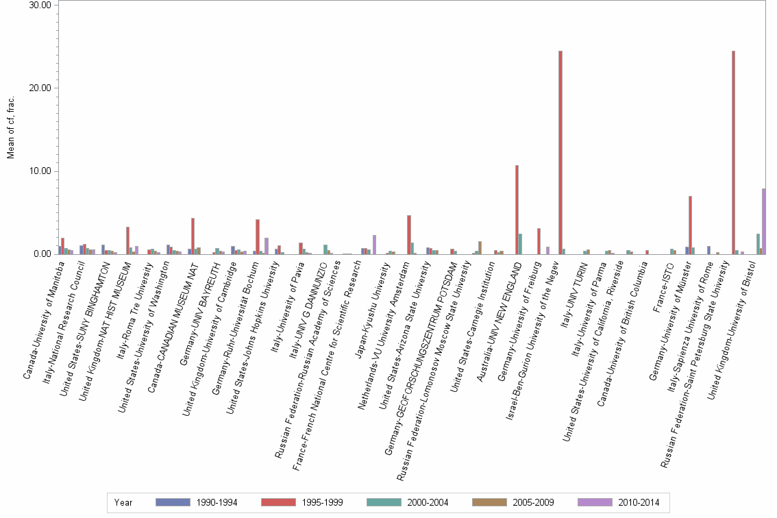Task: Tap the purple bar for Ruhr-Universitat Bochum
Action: [265, 246]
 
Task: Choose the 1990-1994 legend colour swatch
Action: [172, 502]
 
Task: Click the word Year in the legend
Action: [124, 502]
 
